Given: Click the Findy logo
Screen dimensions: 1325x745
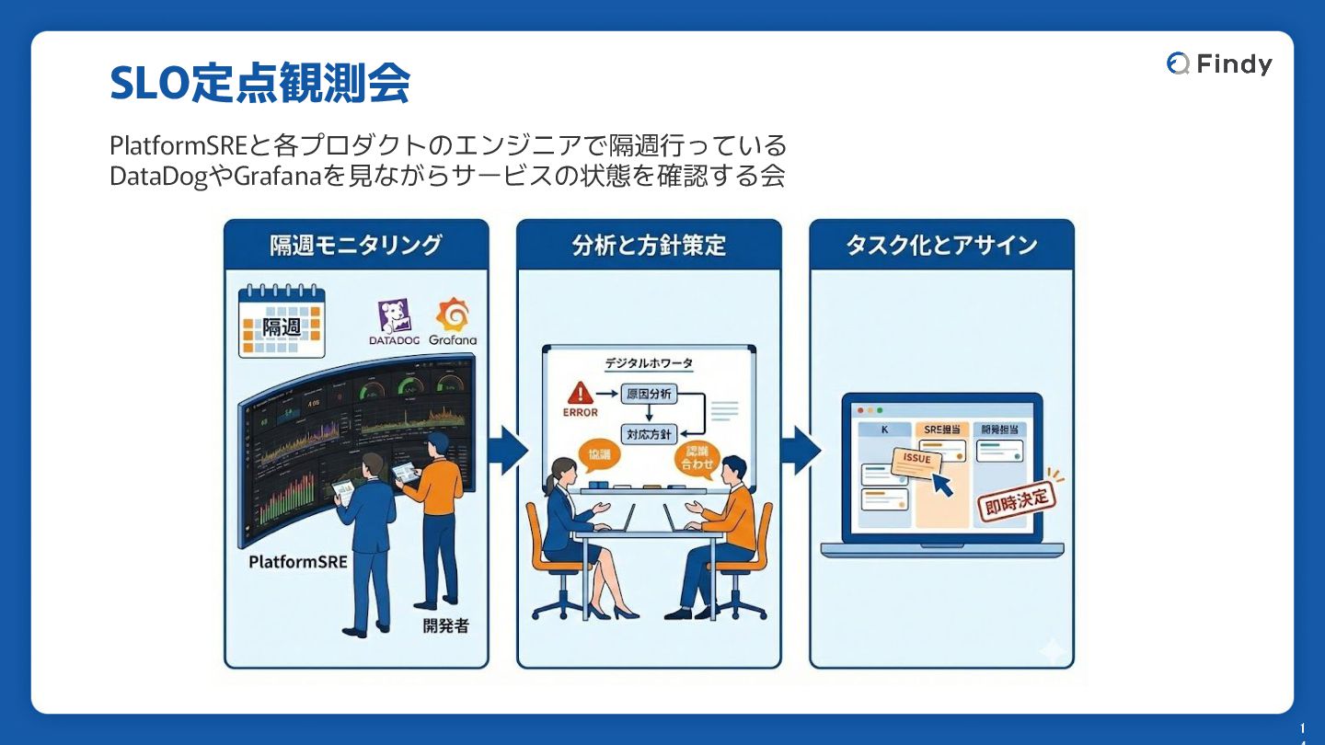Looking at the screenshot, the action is (x=1219, y=63).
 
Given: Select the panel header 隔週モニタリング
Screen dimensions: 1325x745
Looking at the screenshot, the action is (x=356, y=246).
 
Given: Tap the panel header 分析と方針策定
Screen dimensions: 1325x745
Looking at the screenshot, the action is (x=649, y=246).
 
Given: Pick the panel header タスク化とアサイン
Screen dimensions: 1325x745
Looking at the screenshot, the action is (x=941, y=246).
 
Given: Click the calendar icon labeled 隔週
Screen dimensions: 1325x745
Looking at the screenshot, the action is (x=281, y=321).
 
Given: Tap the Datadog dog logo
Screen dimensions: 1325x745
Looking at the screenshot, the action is (x=394, y=316).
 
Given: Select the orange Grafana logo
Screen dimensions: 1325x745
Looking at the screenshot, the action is (x=453, y=315).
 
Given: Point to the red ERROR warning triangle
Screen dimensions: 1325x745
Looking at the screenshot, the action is (x=580, y=394).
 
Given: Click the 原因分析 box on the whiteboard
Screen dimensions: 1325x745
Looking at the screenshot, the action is (x=649, y=395).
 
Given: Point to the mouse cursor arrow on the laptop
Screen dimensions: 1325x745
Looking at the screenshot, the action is (x=942, y=484).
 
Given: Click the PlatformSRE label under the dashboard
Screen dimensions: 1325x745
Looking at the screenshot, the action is (x=298, y=561).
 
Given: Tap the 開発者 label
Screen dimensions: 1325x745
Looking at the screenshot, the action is (x=446, y=626).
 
